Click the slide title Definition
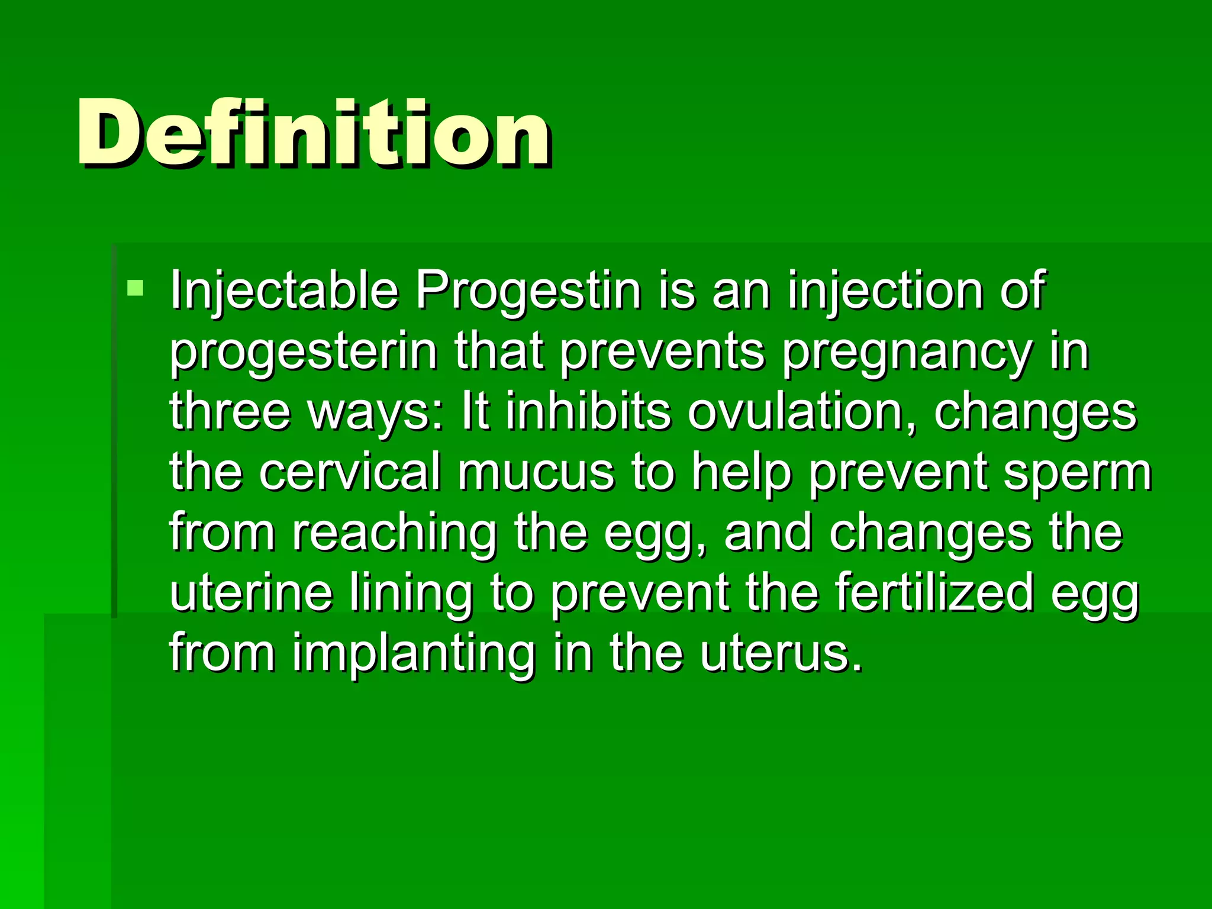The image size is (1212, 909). pyautogui.click(x=314, y=133)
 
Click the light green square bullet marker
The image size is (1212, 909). pyautogui.click(x=136, y=289)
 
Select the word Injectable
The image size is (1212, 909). pyautogui.click(x=284, y=291)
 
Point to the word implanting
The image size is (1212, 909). pyautogui.click(x=414, y=655)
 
